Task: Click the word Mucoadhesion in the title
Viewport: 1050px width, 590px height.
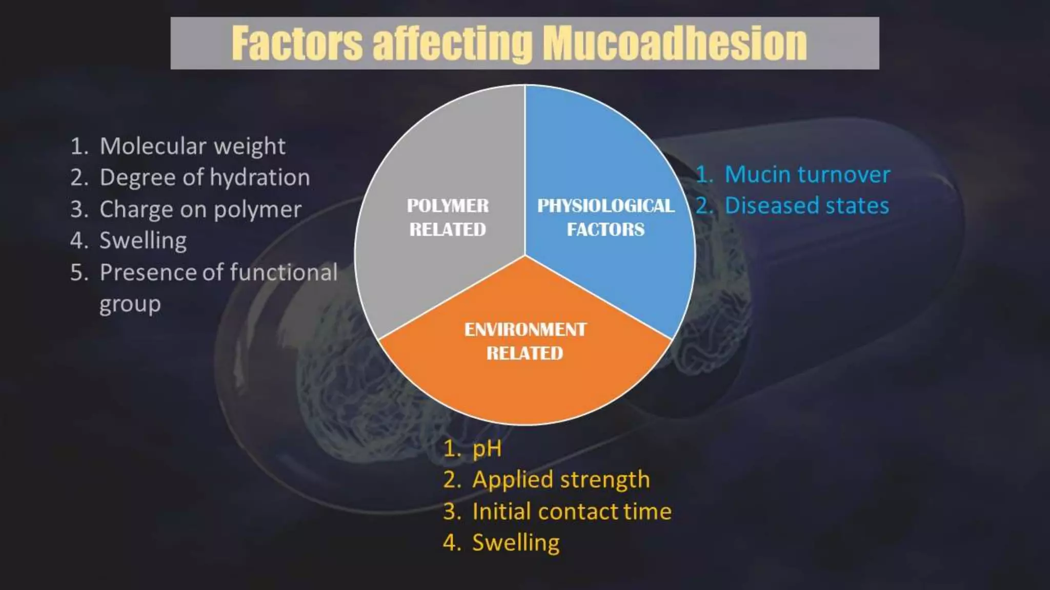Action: pos(675,44)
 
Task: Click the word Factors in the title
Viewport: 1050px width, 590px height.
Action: pos(297,44)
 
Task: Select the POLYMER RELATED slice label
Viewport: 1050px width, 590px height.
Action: pos(448,218)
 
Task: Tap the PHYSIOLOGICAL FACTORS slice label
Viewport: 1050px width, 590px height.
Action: pos(605,218)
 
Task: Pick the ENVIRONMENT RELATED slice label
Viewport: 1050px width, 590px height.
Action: pos(525,341)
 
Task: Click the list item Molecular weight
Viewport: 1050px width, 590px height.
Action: pos(192,146)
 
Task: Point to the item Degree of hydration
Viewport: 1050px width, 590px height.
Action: pos(205,178)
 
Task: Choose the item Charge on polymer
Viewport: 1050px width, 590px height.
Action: pos(200,210)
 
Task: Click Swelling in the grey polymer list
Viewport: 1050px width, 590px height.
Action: pos(143,241)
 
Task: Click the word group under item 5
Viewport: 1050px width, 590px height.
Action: pos(130,304)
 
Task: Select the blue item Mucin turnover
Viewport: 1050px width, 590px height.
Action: pos(807,175)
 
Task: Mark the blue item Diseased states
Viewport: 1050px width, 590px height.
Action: pos(806,206)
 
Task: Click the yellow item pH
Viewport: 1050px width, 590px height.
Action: pos(487,449)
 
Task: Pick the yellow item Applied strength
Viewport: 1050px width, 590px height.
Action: pos(561,480)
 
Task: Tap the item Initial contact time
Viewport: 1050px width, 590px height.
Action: pos(572,512)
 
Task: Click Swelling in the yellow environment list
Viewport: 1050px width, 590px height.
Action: pos(516,543)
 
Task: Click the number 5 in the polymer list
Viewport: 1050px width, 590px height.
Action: pos(78,272)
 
